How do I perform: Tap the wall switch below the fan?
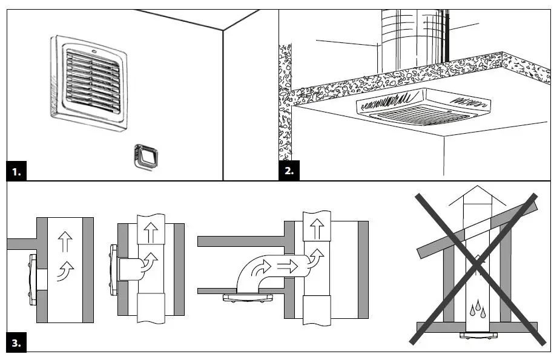pyautogui.click(x=144, y=157)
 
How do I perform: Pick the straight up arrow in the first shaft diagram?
pyautogui.click(x=65, y=243)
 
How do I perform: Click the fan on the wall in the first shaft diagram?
pyautogui.click(x=30, y=281)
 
